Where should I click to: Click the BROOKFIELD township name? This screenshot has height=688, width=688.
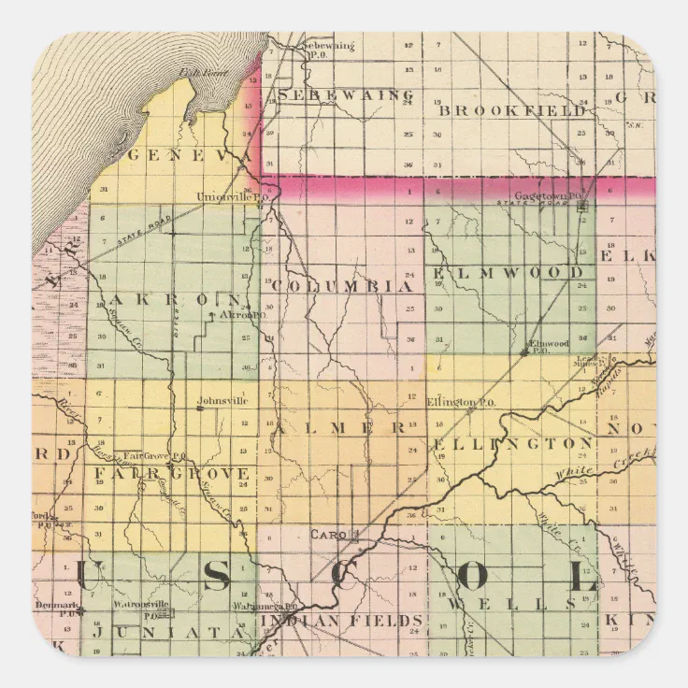point(512,110)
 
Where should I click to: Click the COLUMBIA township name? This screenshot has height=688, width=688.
point(343,285)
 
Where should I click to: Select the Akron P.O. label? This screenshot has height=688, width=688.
point(237,316)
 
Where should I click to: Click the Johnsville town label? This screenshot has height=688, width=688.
point(222,402)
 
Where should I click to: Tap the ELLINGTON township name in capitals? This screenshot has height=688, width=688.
point(511,443)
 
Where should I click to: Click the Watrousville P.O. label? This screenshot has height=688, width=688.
point(139,605)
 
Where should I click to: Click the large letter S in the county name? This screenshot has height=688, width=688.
point(216,579)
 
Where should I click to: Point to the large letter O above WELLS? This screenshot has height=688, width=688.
point(469,579)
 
